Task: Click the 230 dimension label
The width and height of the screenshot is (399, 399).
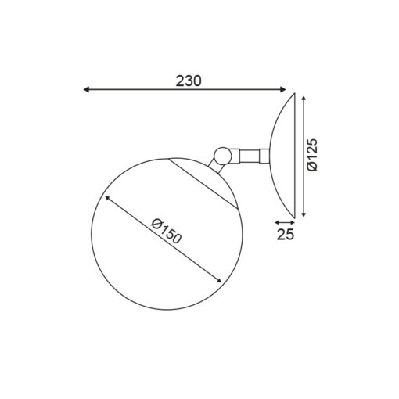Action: (189, 81)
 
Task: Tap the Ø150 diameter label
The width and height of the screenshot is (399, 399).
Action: (166, 232)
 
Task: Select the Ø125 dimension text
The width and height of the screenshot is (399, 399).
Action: (312, 155)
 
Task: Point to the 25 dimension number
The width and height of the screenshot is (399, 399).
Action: (286, 234)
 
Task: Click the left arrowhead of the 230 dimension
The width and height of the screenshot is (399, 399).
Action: (86, 89)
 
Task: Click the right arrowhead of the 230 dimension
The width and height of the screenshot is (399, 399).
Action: (283, 89)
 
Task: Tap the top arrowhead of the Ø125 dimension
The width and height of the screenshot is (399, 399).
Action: (304, 99)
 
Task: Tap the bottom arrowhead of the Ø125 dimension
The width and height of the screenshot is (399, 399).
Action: (304, 214)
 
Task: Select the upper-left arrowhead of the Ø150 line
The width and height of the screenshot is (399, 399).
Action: (107, 198)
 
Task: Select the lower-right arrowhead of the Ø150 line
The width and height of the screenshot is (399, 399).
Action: (219, 280)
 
